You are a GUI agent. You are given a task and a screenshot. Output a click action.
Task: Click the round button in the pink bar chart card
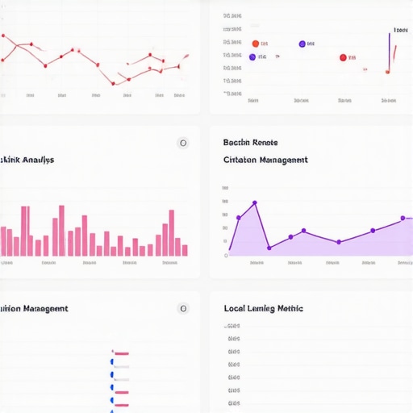pos(183,143)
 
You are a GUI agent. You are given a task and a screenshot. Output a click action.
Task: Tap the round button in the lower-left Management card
pos(183,308)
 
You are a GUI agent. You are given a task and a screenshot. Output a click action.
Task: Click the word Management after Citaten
pos(282,160)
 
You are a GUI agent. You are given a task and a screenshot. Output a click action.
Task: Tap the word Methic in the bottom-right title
pos(289,308)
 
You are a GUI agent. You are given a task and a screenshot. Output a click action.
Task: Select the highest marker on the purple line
pos(255,203)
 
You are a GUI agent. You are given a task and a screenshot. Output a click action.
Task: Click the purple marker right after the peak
pos(269,248)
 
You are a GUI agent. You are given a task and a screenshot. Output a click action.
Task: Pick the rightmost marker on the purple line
pos(403,218)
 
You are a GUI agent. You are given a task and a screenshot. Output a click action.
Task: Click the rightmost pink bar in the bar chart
pos(185,250)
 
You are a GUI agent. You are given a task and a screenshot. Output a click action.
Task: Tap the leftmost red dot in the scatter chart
pos(256,44)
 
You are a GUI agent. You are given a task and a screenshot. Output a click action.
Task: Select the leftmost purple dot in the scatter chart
pos(252,57)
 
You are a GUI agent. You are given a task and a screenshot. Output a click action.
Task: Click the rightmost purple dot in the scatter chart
pos(302,44)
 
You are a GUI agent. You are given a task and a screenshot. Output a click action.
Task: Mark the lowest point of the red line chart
pos(112,83)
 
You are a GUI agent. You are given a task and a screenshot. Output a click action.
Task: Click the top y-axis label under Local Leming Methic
pos(233,327)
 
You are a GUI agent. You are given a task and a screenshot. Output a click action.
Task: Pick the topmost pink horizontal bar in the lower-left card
pos(122,353)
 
